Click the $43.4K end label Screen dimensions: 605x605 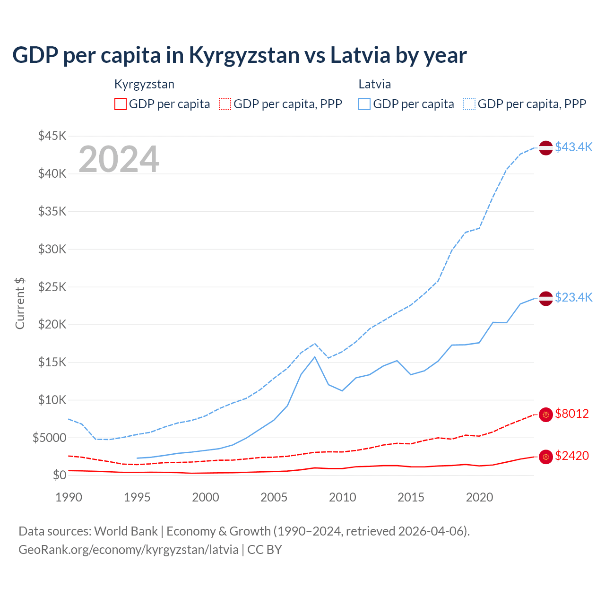(573, 147)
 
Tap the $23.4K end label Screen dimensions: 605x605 (573, 297)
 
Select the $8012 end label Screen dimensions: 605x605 (571, 414)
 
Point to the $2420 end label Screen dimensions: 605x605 (571, 456)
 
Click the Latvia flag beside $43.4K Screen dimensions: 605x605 (546, 147)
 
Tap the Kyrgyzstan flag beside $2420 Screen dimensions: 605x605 (546, 457)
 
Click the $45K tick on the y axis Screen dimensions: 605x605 (52, 136)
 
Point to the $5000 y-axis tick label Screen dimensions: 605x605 (49, 438)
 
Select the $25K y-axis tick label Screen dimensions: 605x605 (52, 287)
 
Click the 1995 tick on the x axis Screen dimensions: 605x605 (137, 497)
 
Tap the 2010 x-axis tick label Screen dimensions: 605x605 (342, 497)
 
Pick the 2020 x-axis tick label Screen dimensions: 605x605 (479, 497)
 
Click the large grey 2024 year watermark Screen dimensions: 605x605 (119, 159)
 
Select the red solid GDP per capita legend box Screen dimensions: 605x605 (121, 104)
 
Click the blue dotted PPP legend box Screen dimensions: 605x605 (469, 104)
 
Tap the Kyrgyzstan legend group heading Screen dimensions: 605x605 (144, 84)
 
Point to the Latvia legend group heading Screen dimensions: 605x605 (374, 84)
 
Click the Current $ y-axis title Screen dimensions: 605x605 (20, 303)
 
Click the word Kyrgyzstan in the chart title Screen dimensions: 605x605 (244, 55)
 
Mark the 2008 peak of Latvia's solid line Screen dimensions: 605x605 (315, 357)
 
